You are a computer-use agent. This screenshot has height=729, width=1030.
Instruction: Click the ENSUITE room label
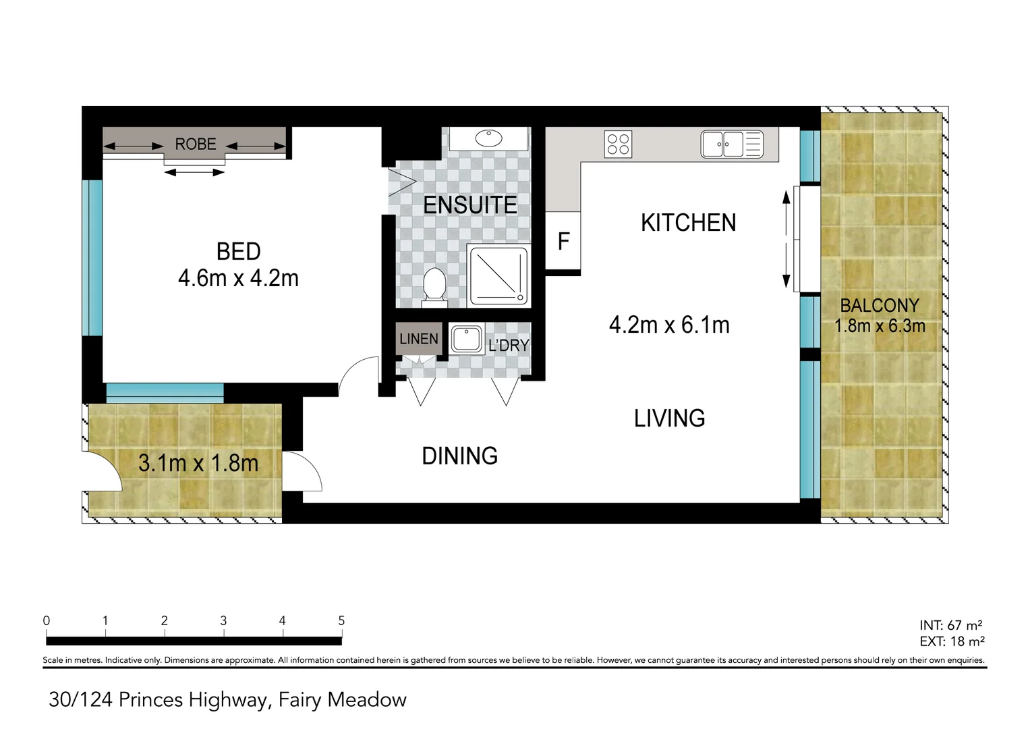(x=470, y=205)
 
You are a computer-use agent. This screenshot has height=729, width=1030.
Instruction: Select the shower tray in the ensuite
(x=498, y=276)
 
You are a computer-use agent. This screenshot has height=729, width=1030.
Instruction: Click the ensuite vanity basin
(x=488, y=138)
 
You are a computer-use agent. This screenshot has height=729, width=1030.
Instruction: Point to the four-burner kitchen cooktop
(x=618, y=144)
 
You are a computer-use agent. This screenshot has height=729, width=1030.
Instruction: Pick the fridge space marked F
(x=563, y=241)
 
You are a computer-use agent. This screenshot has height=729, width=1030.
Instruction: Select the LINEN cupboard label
(x=418, y=339)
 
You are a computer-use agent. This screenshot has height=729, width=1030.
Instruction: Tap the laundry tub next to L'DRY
(x=466, y=339)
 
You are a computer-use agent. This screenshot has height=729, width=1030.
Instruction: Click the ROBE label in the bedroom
(x=196, y=144)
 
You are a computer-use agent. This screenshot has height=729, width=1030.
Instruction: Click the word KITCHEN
(x=688, y=223)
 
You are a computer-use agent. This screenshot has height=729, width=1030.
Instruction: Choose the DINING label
(x=459, y=456)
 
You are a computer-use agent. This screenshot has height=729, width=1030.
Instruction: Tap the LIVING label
(x=669, y=418)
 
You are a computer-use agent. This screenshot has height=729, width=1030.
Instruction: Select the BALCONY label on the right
(x=880, y=306)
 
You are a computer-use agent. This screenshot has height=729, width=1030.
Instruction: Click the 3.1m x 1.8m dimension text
(x=198, y=463)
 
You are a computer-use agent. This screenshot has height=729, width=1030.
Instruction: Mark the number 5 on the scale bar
(x=341, y=620)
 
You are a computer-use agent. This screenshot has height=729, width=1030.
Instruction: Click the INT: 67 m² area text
(x=950, y=625)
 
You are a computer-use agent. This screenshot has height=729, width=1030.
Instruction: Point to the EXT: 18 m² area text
(x=951, y=641)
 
